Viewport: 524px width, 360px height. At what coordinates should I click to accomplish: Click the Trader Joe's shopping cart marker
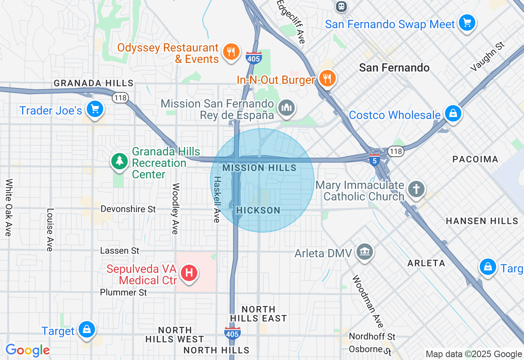coord(95,109)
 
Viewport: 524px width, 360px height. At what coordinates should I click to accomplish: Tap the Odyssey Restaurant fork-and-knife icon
coord(231,52)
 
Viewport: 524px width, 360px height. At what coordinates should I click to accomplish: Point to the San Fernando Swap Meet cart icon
coord(467,22)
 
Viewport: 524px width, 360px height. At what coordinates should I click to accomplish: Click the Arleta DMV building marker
coord(364,252)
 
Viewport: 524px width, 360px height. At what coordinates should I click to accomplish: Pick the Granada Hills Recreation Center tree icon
coord(119,161)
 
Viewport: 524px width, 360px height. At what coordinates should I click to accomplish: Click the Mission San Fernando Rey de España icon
coord(286,108)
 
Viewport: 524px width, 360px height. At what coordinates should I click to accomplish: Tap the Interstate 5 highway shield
coord(374,160)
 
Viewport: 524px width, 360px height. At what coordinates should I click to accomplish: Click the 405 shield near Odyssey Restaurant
coord(254,58)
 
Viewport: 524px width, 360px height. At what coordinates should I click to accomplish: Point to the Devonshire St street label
coord(128,209)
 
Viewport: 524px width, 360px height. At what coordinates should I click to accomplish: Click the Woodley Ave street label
coord(175,209)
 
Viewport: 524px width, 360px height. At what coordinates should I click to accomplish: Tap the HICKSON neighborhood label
coord(258,210)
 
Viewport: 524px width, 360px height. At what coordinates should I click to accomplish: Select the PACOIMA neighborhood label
coord(475,159)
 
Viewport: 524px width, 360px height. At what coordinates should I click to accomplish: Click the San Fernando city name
coord(394,67)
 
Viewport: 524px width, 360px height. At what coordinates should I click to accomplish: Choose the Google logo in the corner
coord(27,350)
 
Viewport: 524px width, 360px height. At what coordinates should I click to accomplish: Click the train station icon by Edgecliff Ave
coord(341,6)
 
